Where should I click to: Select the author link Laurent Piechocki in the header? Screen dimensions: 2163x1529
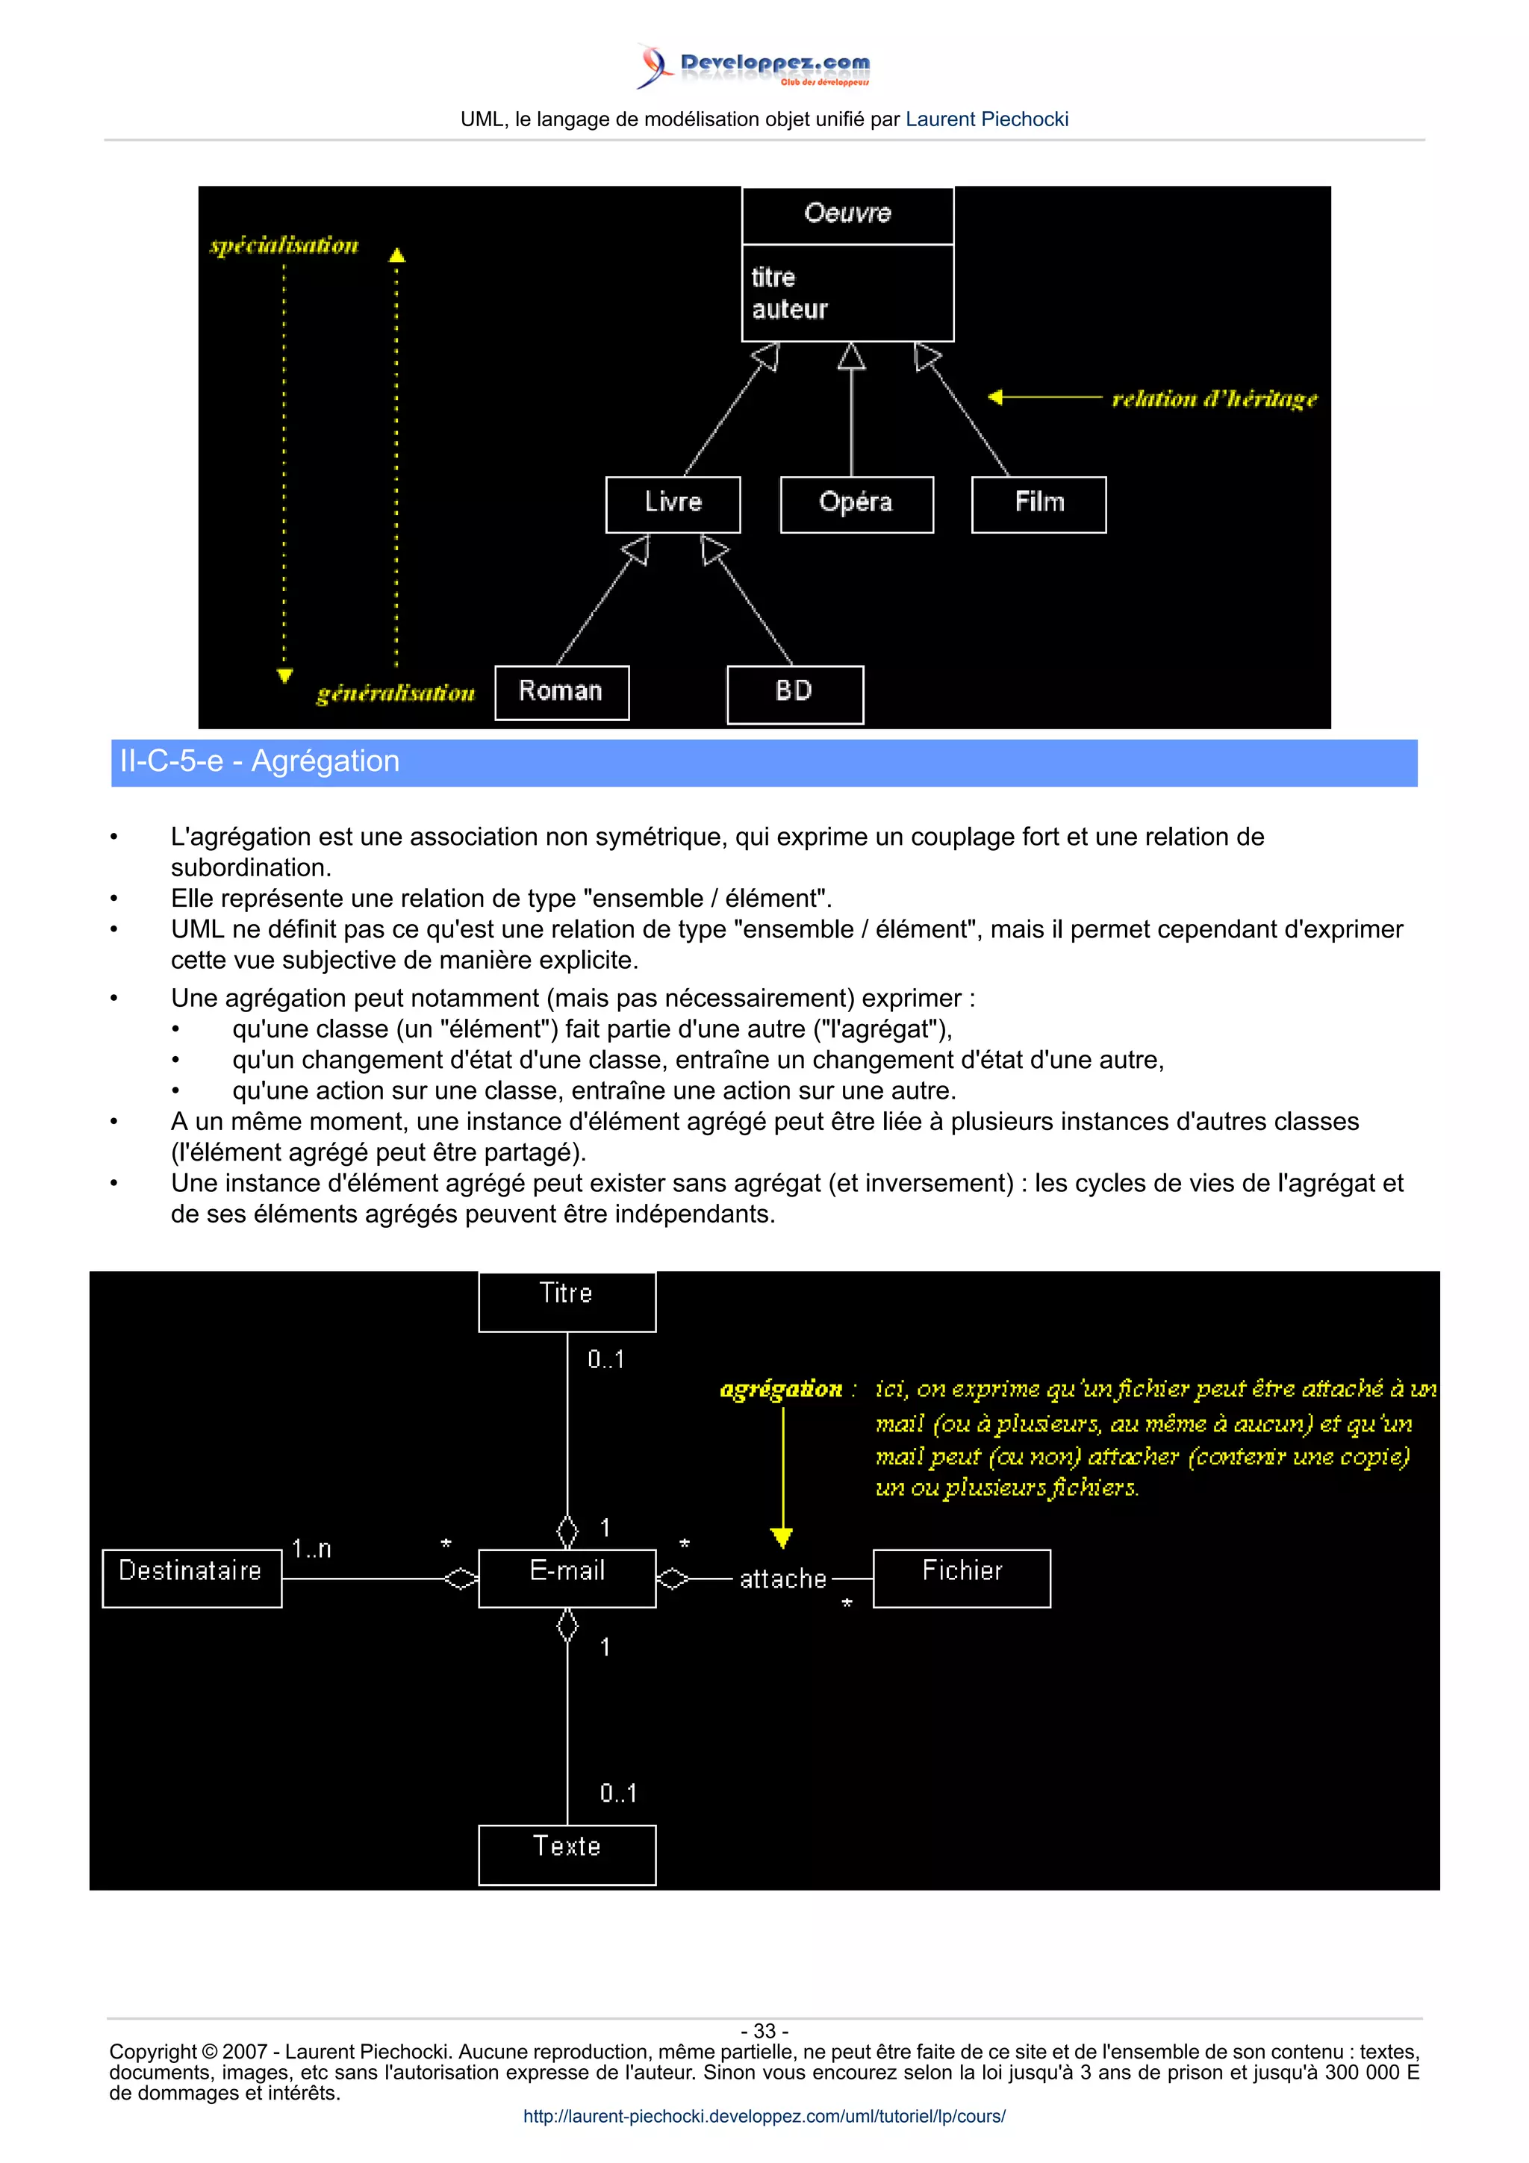pyautogui.click(x=986, y=119)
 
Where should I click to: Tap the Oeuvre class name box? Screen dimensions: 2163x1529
pyautogui.click(x=848, y=214)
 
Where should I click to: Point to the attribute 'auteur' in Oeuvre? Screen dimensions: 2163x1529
pyautogui.click(x=789, y=310)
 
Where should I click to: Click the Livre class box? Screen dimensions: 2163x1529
pyautogui.click(x=673, y=503)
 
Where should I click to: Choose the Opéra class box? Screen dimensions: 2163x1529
pyautogui.click(x=856, y=503)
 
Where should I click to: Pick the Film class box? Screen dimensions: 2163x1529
pyautogui.click(x=1038, y=503)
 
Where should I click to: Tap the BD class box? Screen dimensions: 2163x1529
pyautogui.click(x=794, y=693)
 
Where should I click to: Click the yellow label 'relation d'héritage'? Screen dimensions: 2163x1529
pyautogui.click(x=1215, y=399)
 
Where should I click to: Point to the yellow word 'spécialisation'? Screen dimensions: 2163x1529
pyautogui.click(x=284, y=246)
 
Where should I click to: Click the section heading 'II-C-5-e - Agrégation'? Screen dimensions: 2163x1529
pyautogui.click(x=259, y=761)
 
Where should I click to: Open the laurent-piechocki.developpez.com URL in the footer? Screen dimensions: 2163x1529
pyautogui.click(x=764, y=2116)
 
